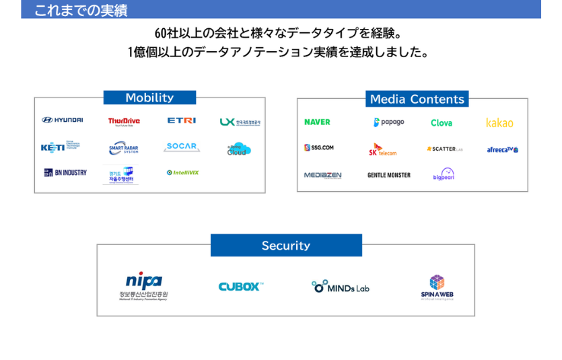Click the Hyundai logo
pyautogui.click(x=63, y=120)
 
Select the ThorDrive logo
pyautogui.click(x=124, y=121)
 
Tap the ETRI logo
pyautogui.click(x=182, y=120)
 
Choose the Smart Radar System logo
pyautogui.click(x=123, y=148)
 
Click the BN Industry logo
pyautogui.click(x=65, y=172)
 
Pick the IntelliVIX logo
pyautogui.click(x=182, y=172)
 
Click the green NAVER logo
pyautogui.click(x=317, y=122)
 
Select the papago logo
pyautogui.click(x=389, y=122)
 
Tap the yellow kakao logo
pyautogui.click(x=499, y=122)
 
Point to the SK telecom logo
pyautogui.click(x=382, y=149)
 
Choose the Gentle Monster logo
pyautogui.click(x=388, y=175)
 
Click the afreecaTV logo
pyautogui.click(x=502, y=149)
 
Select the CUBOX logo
pyautogui.click(x=240, y=287)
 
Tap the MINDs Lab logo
pyautogui.click(x=341, y=287)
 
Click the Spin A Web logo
pyautogui.click(x=437, y=287)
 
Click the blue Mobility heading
pyautogui.click(x=149, y=98)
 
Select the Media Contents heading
pyautogui.click(x=417, y=99)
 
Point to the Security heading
pyautogui.click(x=286, y=246)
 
